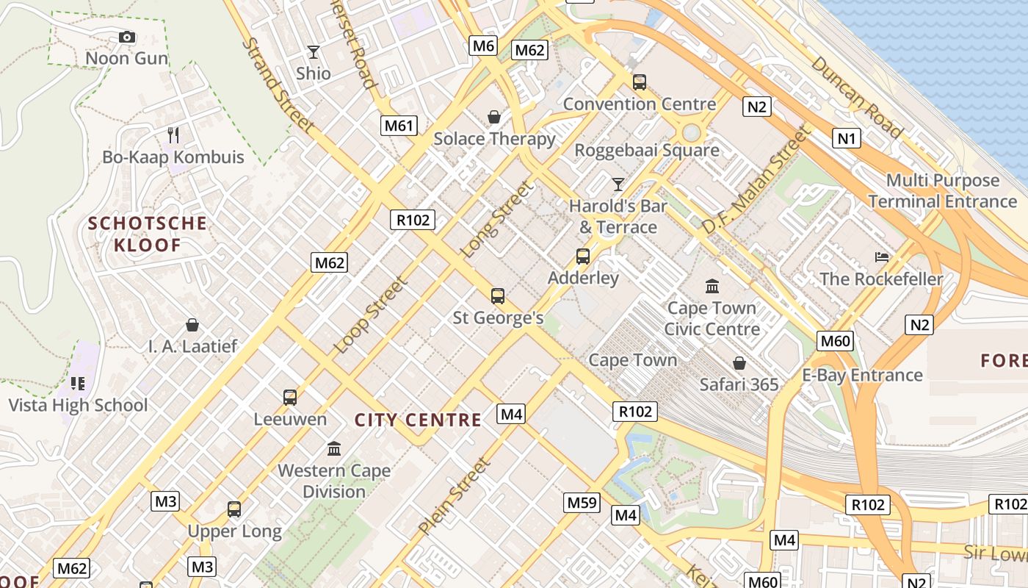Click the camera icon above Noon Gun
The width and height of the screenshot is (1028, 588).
click(x=127, y=37)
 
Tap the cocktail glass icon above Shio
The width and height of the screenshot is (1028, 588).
click(x=314, y=52)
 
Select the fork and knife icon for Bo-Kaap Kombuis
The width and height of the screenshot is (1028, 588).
click(x=173, y=135)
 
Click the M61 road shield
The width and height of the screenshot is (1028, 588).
click(x=399, y=125)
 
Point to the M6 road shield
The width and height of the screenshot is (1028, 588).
click(x=483, y=46)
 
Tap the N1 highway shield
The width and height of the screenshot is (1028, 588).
click(x=846, y=137)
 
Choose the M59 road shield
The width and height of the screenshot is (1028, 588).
click(x=582, y=503)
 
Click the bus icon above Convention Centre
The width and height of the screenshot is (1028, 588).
click(x=640, y=82)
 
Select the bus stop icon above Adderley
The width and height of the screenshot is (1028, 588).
click(x=583, y=257)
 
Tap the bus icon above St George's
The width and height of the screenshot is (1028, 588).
click(x=498, y=296)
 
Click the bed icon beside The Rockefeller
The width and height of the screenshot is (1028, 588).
click(x=882, y=257)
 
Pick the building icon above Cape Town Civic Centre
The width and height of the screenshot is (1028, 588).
click(x=712, y=286)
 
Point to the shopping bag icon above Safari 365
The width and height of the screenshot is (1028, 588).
click(x=739, y=363)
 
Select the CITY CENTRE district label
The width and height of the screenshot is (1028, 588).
click(x=418, y=420)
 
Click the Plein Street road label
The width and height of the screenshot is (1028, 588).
click(x=454, y=496)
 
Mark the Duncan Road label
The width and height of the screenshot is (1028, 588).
click(x=857, y=97)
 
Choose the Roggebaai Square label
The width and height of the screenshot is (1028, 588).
click(x=646, y=151)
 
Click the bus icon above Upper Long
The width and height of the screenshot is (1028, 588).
click(x=234, y=509)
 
